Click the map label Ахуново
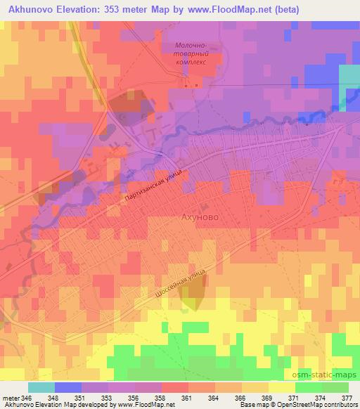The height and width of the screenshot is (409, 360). [200, 217]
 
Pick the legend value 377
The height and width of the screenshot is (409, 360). [346, 397]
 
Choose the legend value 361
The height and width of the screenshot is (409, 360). [186, 397]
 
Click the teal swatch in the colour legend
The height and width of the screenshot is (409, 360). [41, 387]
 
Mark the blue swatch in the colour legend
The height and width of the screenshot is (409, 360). [67, 387]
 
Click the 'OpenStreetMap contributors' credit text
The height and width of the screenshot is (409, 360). [319, 405]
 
